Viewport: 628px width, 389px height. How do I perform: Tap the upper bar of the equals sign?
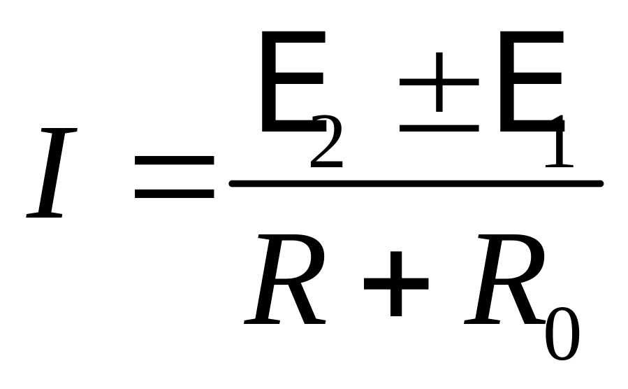tap(174, 161)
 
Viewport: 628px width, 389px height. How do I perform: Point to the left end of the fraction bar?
tap(233, 183)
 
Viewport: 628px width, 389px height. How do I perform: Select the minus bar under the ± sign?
tap(439, 129)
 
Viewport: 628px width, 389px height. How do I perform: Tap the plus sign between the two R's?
tap(395, 285)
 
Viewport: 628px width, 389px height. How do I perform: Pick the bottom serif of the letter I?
tap(46, 215)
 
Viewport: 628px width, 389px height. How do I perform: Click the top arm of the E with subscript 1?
tap(531, 36)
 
